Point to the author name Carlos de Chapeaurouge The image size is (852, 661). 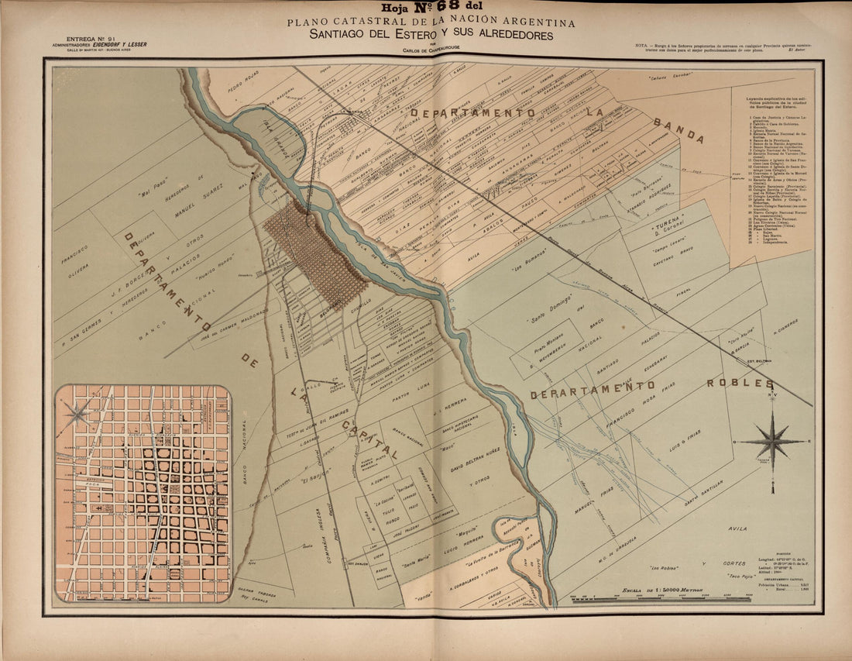point(431,51)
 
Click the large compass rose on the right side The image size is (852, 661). point(773,441)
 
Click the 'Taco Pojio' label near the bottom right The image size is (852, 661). point(725,577)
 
